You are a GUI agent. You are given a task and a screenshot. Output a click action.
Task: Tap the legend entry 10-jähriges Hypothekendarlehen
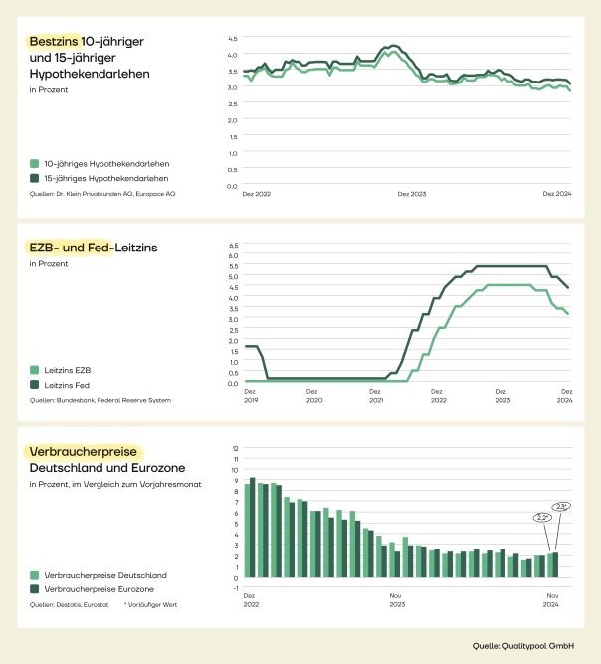click(x=100, y=163)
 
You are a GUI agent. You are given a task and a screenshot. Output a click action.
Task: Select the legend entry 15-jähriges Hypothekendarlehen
click(x=100, y=177)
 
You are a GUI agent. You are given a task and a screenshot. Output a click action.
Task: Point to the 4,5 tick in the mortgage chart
click(x=232, y=39)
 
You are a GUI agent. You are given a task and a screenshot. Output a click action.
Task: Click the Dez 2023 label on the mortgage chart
click(x=410, y=195)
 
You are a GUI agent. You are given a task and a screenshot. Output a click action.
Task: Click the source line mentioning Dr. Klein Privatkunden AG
click(x=102, y=194)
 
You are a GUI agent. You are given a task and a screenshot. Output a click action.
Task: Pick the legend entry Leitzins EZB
click(x=69, y=369)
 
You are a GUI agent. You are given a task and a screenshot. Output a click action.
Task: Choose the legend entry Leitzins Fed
click(x=68, y=384)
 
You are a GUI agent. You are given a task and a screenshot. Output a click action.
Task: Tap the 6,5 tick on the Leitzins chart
click(x=235, y=244)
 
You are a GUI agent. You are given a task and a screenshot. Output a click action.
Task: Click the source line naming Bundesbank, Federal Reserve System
click(x=100, y=400)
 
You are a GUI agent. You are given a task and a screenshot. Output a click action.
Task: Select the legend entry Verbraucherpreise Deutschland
click(x=98, y=575)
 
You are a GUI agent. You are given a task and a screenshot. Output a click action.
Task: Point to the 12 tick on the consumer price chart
click(x=235, y=448)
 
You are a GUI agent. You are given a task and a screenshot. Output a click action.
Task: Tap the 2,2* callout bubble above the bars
click(x=543, y=517)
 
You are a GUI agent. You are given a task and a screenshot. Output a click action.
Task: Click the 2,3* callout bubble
click(x=561, y=506)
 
